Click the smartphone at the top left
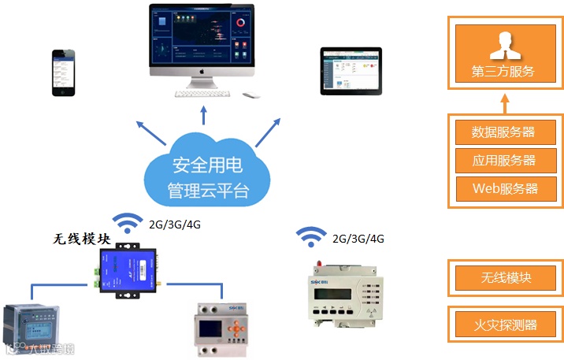click(x=65, y=72)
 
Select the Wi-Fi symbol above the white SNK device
click(x=311, y=236)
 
